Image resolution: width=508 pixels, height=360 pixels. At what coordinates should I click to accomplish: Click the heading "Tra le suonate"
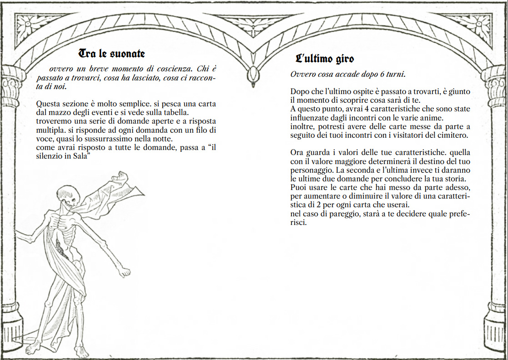click(x=112, y=54)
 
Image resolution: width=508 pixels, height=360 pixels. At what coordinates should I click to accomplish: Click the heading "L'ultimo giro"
click(x=324, y=59)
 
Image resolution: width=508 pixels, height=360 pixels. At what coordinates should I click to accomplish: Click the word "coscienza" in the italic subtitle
click(x=170, y=69)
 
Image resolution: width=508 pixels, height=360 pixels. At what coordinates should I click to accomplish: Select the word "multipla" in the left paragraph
click(x=48, y=130)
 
